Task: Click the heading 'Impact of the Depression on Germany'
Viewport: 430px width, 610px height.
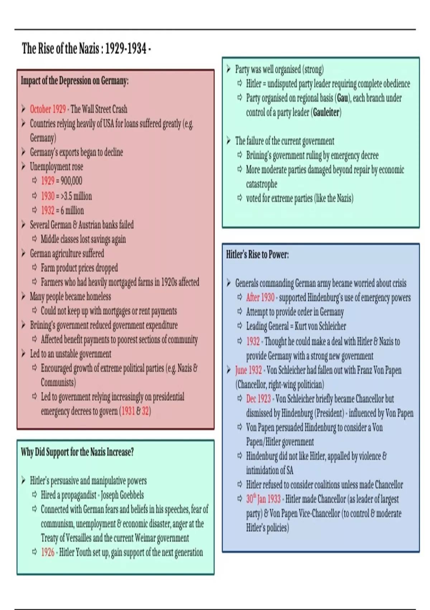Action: pos(75,81)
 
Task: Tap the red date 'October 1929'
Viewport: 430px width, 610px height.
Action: pos(48,109)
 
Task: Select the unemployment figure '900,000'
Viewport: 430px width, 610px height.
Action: pos(71,181)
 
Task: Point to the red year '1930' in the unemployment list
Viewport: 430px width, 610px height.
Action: pos(48,196)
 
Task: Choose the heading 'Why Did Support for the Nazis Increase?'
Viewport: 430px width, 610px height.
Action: pos(77,452)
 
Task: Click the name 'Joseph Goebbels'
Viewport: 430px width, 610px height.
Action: pos(122,495)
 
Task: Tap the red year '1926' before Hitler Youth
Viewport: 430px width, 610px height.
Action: pos(48,552)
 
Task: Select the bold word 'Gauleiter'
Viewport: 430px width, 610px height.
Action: pos(326,112)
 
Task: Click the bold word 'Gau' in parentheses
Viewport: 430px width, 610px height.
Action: pos(343,98)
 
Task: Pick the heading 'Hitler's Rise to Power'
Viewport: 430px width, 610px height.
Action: pos(257,255)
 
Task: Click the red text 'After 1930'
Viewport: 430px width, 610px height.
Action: pos(260,297)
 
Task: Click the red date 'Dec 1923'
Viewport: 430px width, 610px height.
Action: pos(258,399)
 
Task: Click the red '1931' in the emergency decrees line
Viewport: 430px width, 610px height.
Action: pos(128,411)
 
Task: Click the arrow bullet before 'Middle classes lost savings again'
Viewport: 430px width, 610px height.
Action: pos(35,239)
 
